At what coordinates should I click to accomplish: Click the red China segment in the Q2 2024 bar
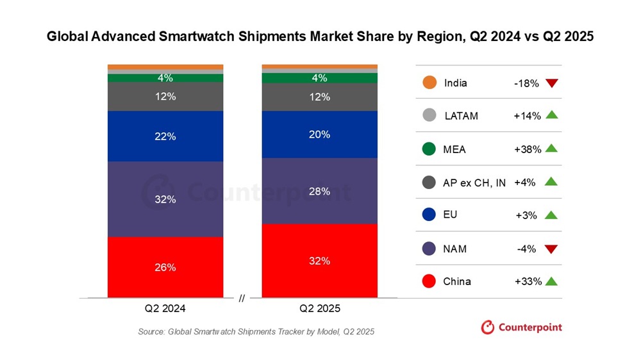point(165,267)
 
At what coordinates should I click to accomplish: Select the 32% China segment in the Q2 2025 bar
point(319,261)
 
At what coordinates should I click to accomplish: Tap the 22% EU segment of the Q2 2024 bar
point(165,136)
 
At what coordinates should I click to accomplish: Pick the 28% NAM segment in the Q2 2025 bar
point(319,191)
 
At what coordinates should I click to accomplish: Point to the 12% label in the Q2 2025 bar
point(319,97)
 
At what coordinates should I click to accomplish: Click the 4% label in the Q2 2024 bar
point(165,78)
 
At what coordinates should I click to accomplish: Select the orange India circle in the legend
point(429,83)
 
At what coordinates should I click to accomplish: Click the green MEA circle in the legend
point(429,149)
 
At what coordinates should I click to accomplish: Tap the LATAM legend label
point(461,116)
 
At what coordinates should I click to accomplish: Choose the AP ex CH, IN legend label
point(474,183)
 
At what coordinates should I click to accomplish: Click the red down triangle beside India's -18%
point(551,83)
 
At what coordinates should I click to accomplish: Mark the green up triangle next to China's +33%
point(551,281)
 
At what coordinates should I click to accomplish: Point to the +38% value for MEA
point(528,149)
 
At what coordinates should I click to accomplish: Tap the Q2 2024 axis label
point(165,308)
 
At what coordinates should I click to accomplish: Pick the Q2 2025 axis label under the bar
point(319,308)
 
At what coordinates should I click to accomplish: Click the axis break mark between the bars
point(242,298)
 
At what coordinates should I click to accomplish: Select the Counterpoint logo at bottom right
point(521,327)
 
